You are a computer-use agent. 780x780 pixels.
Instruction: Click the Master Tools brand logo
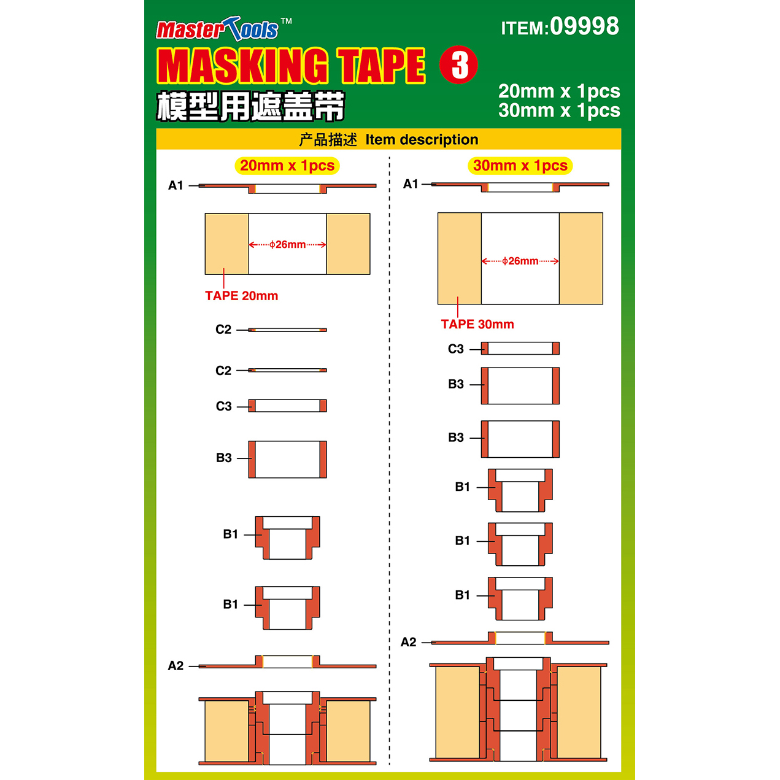tap(223, 29)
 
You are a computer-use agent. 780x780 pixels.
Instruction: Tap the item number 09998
tap(584, 26)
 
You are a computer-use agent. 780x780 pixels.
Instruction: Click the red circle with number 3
tap(458, 65)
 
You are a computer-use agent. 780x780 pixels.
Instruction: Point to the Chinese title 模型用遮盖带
tap(250, 106)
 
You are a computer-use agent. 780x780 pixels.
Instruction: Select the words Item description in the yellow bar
tap(422, 140)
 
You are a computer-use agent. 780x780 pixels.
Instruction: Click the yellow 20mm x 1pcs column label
tap(287, 166)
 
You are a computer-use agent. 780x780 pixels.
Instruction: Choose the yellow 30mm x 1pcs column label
tap(520, 166)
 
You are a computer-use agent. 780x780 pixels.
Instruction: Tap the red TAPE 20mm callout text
tap(242, 296)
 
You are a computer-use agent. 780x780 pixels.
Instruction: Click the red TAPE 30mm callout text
tap(477, 324)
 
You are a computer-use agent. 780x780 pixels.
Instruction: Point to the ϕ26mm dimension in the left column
tap(287, 244)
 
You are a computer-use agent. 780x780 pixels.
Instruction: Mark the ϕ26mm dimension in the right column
tap(520, 261)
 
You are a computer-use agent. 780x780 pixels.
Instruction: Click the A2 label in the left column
tap(176, 666)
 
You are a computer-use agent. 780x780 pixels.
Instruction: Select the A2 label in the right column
tap(409, 642)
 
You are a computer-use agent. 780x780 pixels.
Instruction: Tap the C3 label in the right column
tap(456, 349)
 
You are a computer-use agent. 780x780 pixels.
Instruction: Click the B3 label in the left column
tap(224, 458)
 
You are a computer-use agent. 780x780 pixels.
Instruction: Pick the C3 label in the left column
tap(224, 406)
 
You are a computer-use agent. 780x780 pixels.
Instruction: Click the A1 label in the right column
tap(411, 184)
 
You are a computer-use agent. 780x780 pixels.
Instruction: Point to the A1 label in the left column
tap(176, 185)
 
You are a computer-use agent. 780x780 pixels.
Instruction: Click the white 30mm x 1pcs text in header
tap(559, 110)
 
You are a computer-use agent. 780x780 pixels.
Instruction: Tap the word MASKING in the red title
tap(242, 66)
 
